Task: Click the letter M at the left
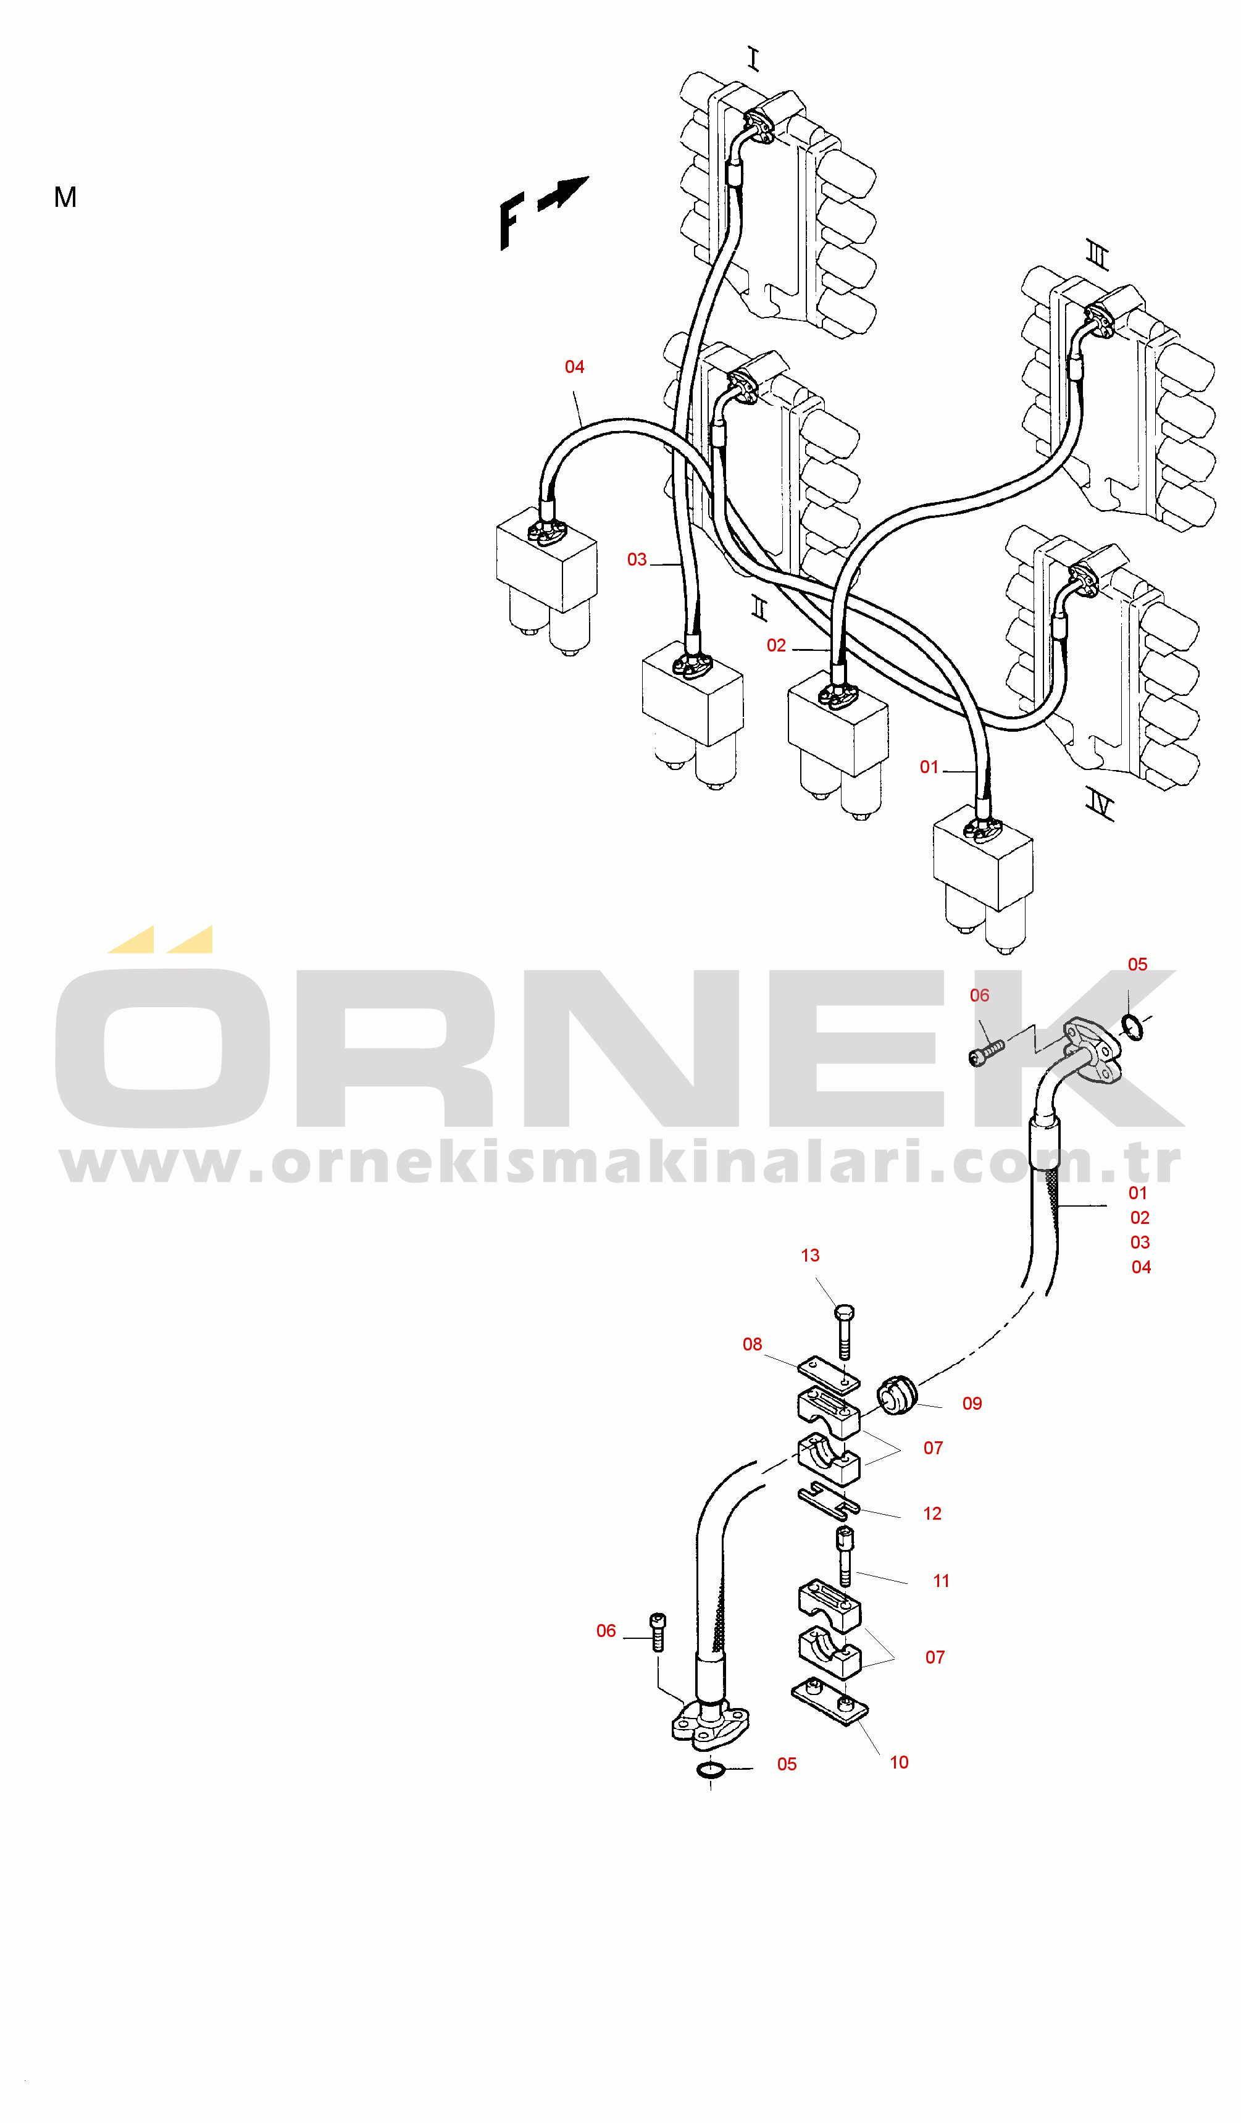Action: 65,197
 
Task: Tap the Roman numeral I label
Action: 753,59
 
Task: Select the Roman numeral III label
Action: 1098,254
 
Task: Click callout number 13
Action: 809,1255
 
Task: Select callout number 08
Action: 753,1344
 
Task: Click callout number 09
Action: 972,1404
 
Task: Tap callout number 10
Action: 899,1762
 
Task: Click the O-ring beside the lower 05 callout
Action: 712,1769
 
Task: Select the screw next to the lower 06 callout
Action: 658,1632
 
